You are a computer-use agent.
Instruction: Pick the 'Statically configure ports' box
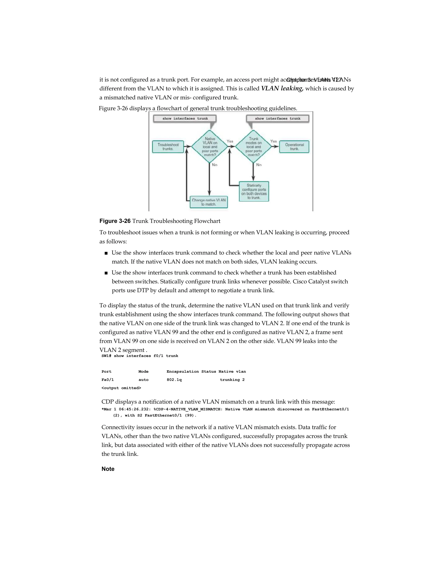click(x=254, y=191)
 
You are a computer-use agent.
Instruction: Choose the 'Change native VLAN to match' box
click(x=208, y=202)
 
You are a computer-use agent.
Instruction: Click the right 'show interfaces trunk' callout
click(x=278, y=119)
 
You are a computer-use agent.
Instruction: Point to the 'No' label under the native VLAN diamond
click(x=215, y=165)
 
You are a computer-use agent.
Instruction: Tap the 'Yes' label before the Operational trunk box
click(x=273, y=141)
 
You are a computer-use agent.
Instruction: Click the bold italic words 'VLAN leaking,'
click(x=282, y=88)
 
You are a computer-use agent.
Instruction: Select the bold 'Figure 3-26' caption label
click(x=115, y=221)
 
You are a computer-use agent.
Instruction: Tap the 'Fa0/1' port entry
click(x=108, y=380)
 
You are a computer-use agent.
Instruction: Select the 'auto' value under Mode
click(x=143, y=380)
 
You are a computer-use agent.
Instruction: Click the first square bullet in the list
click(x=106, y=253)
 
